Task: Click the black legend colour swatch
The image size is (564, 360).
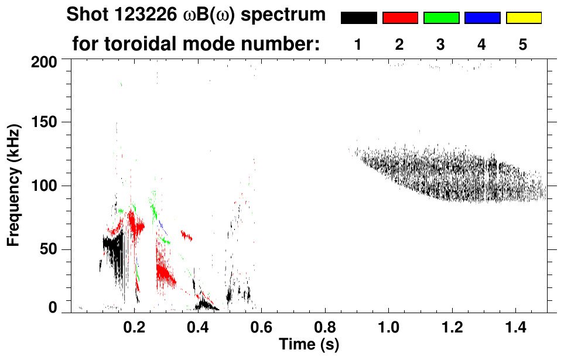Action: click(358, 18)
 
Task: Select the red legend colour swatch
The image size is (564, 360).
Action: click(400, 18)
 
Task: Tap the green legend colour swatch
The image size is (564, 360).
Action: click(441, 18)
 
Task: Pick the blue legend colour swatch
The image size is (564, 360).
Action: click(482, 18)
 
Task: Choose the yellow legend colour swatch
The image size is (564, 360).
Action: click(524, 18)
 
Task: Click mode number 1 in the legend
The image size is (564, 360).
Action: click(358, 45)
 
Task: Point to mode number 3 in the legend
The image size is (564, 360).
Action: click(440, 45)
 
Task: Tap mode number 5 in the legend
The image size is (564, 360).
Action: click(523, 45)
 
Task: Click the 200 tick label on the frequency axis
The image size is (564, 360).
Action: click(45, 61)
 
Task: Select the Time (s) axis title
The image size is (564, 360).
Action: click(308, 344)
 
